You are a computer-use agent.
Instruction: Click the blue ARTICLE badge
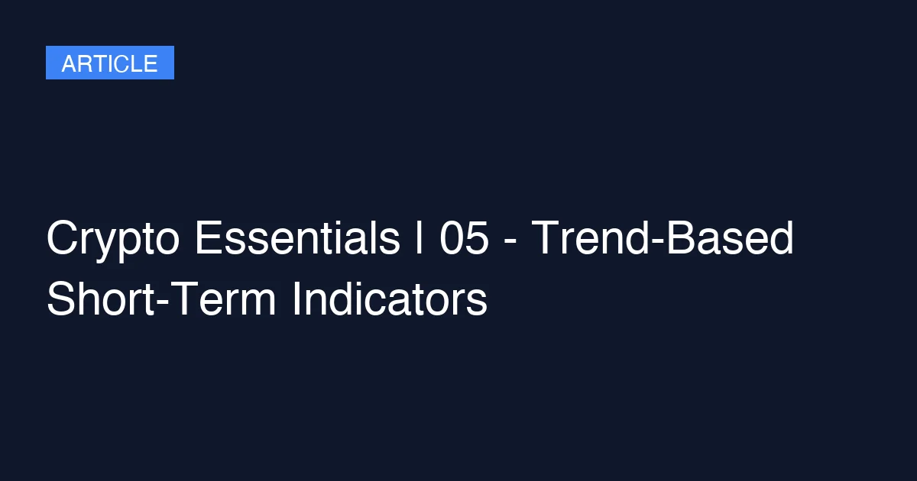click(x=110, y=63)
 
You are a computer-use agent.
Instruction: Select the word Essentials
click(x=297, y=237)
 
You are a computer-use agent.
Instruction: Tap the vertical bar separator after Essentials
click(x=419, y=237)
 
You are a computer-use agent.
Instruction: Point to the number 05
click(x=464, y=237)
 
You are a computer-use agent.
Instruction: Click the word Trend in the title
click(x=590, y=237)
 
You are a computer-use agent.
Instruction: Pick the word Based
click(x=731, y=237)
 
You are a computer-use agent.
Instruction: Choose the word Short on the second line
click(x=100, y=299)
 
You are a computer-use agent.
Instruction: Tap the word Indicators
click(x=390, y=299)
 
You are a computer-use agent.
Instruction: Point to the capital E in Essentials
click(x=209, y=237)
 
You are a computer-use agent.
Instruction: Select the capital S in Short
click(x=62, y=299)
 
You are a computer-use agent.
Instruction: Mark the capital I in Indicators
click(x=296, y=299)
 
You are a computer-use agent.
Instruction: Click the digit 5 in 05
click(x=477, y=237)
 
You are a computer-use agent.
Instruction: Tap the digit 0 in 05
click(x=451, y=237)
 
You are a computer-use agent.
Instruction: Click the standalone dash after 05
click(x=510, y=242)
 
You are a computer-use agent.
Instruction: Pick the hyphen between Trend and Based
click(x=658, y=242)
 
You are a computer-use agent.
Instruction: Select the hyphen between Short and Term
click(x=162, y=304)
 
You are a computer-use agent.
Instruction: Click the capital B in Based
click(x=681, y=237)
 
